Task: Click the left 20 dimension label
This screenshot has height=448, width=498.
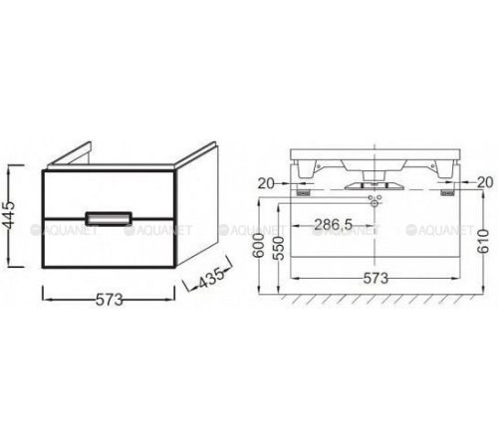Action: click(265, 181)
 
